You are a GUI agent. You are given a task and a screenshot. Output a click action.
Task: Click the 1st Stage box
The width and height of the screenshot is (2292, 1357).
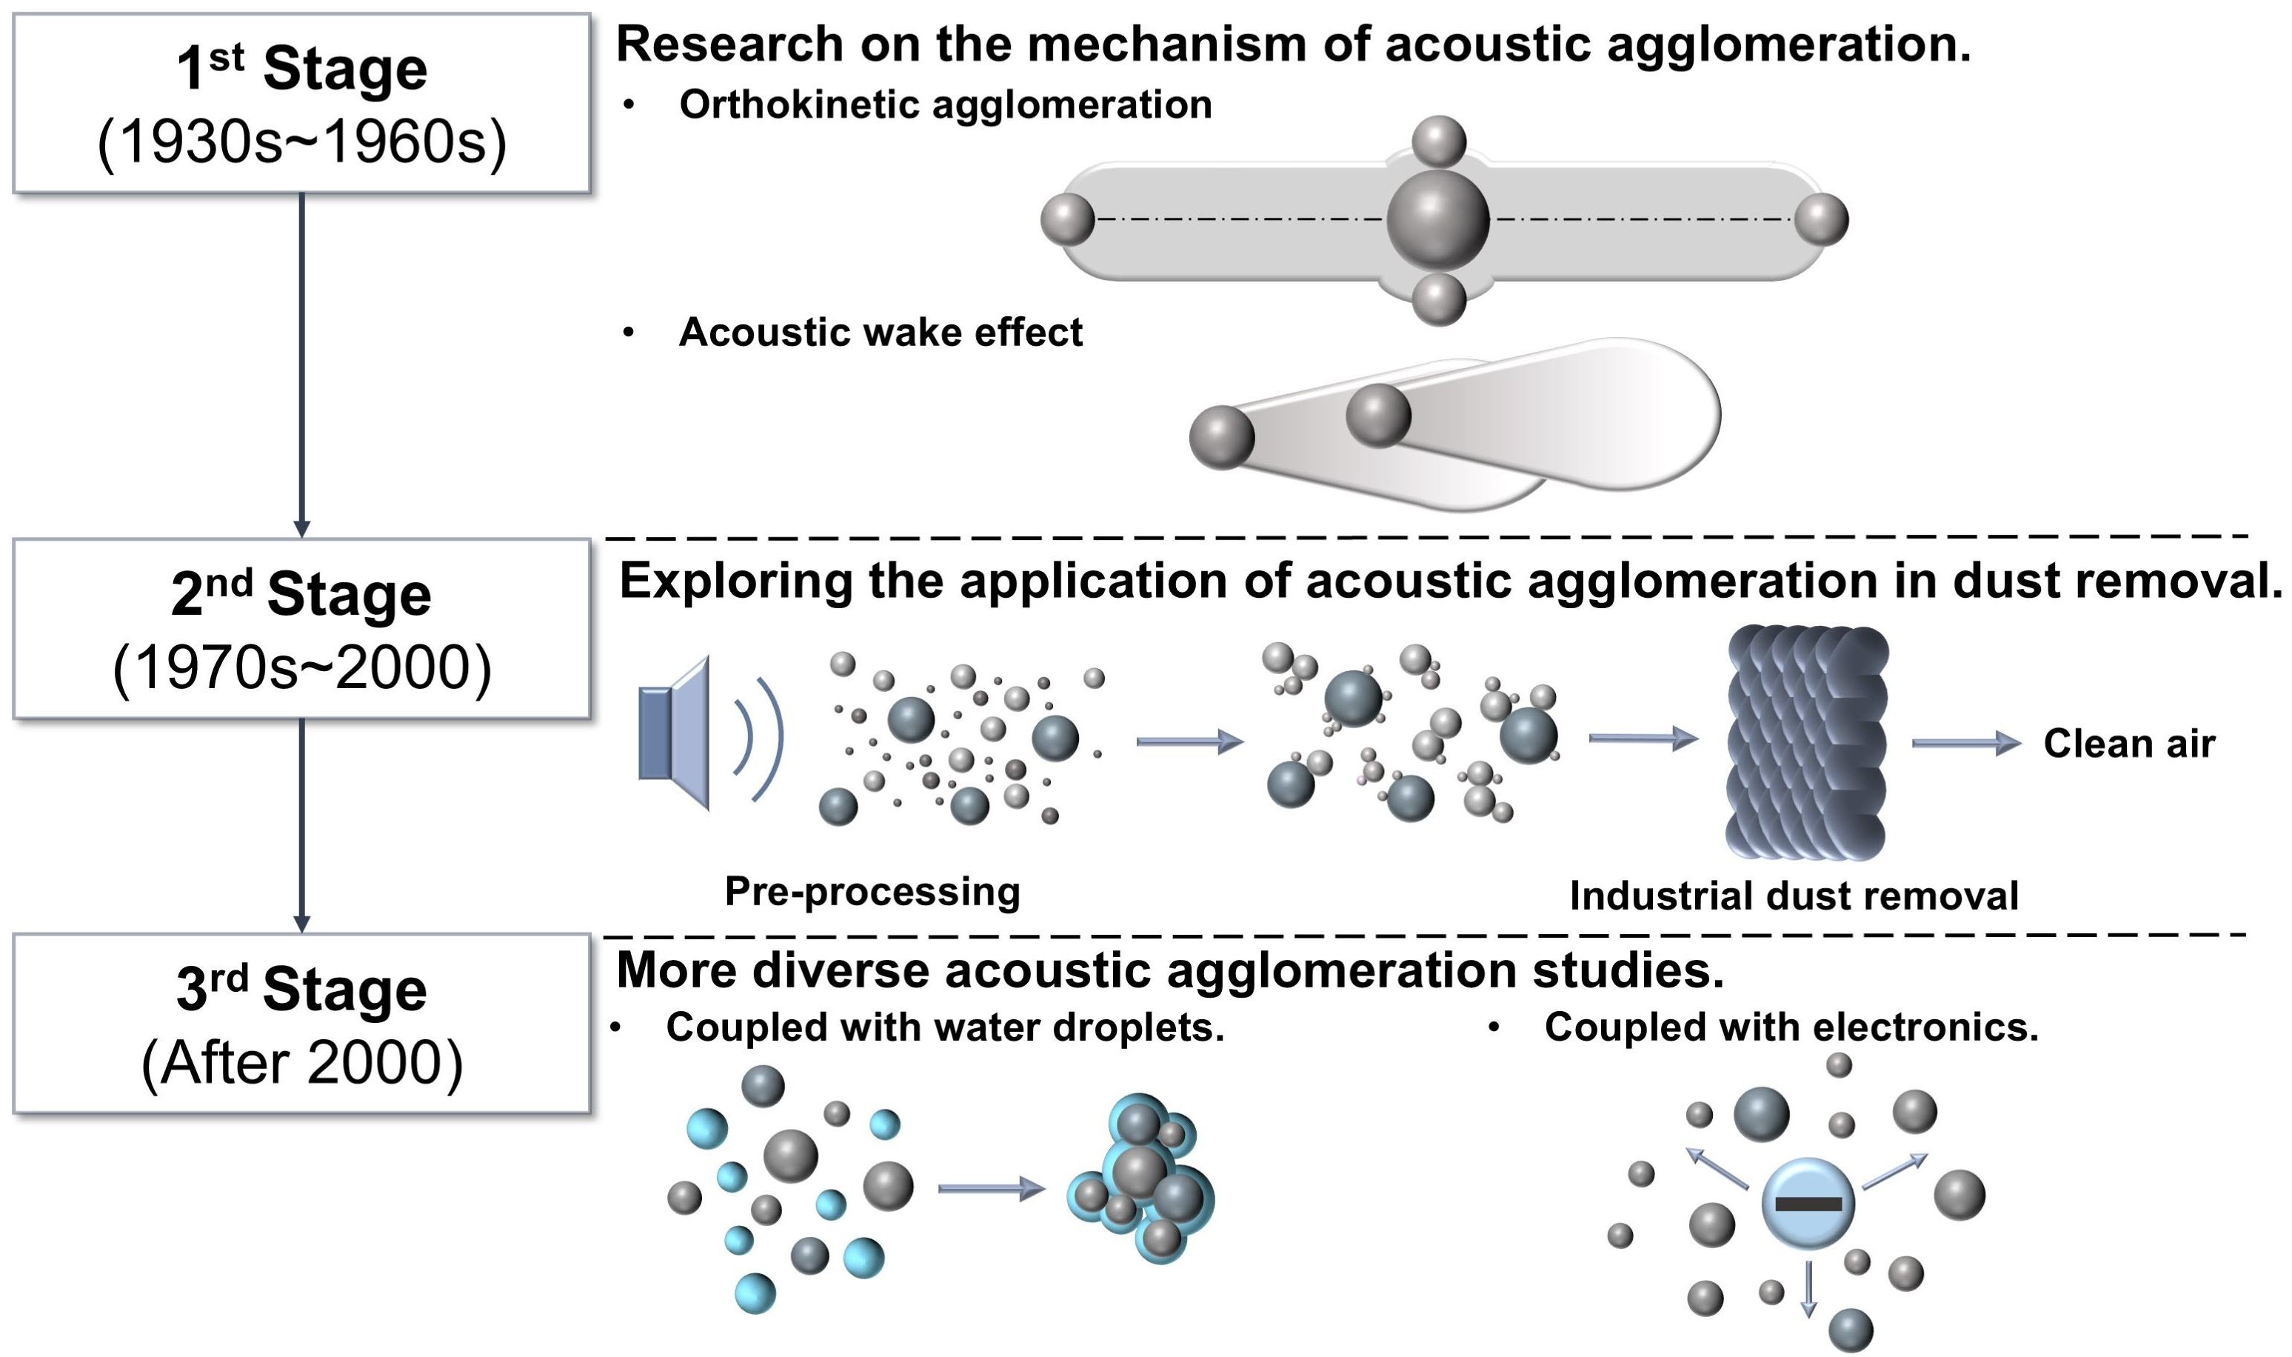pos(301,102)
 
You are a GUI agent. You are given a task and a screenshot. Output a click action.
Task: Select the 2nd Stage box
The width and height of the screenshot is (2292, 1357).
pos(301,628)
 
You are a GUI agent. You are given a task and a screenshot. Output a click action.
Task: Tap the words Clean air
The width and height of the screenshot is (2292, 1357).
pos(2128,744)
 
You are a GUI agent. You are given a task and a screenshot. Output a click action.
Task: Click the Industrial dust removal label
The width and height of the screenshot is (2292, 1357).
pos(1794,896)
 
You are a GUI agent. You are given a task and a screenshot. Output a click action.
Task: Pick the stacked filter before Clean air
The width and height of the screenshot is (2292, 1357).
pos(1806,741)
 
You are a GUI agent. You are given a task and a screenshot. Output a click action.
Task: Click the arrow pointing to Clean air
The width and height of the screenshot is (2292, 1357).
pos(1965,744)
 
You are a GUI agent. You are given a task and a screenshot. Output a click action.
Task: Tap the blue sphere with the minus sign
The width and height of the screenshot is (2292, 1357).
pos(1808,1204)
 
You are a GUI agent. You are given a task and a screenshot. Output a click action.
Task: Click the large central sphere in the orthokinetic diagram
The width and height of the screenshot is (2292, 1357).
pos(1438,219)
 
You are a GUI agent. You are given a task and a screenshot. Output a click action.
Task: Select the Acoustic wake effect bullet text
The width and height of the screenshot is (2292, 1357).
pos(880,332)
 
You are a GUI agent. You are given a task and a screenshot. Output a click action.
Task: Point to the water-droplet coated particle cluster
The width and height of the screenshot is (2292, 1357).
pos(1141,1181)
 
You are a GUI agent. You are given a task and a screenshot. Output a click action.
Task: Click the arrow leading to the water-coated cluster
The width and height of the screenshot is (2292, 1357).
pos(991,1189)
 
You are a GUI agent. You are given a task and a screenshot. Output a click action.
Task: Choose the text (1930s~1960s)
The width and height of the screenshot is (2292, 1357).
pos(301,143)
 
